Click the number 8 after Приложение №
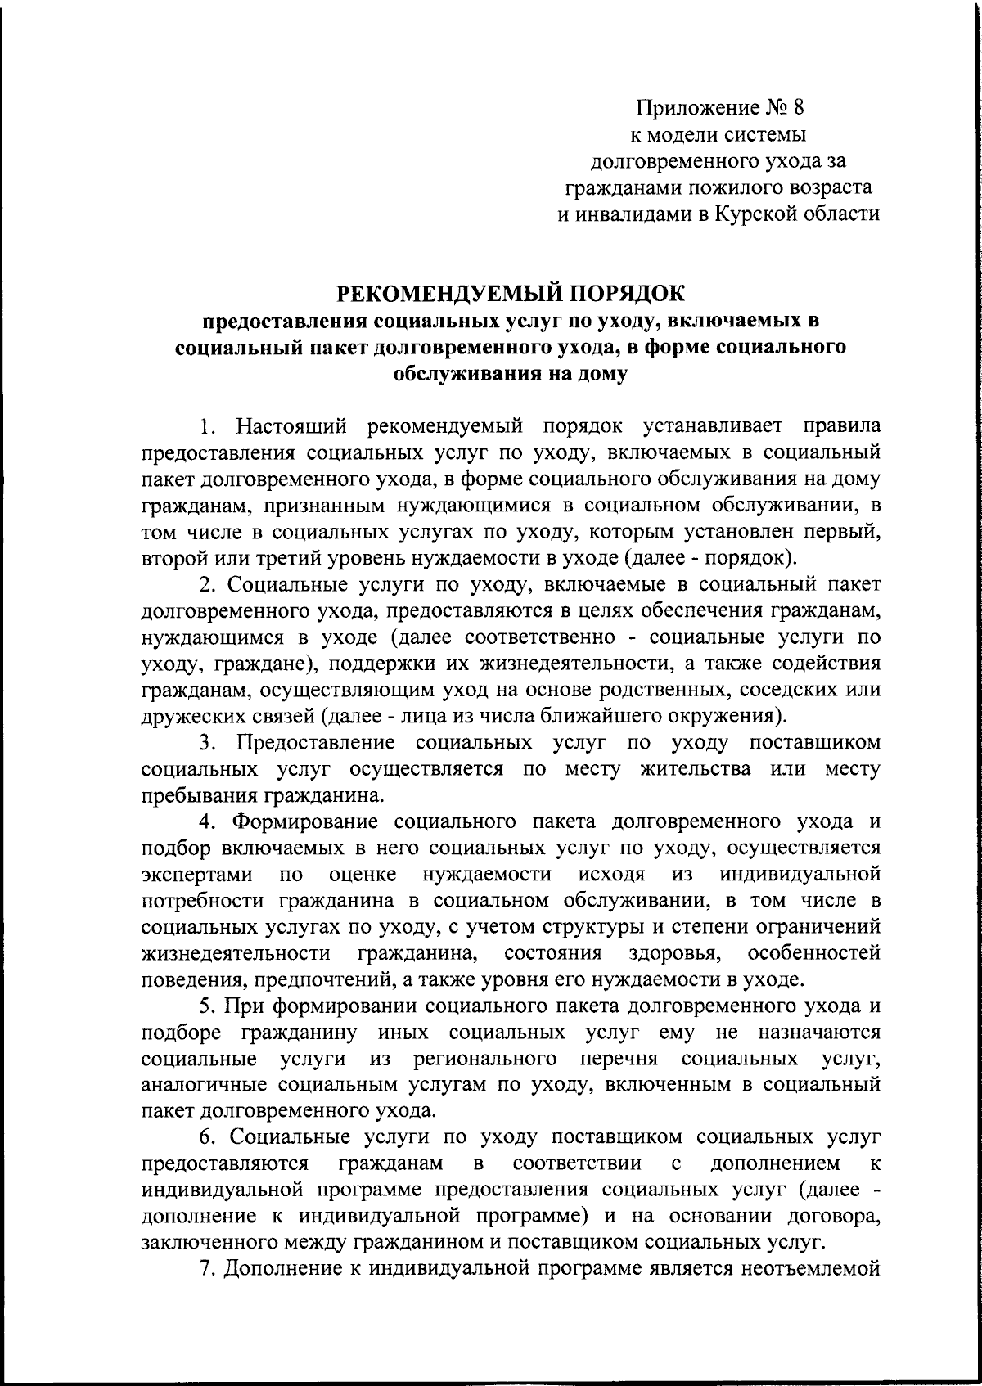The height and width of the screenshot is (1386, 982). [x=799, y=107]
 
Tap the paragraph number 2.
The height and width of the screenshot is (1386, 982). [x=205, y=585]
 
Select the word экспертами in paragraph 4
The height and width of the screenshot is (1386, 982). [x=196, y=874]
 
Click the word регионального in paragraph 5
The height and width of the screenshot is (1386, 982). [x=480, y=1059]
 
